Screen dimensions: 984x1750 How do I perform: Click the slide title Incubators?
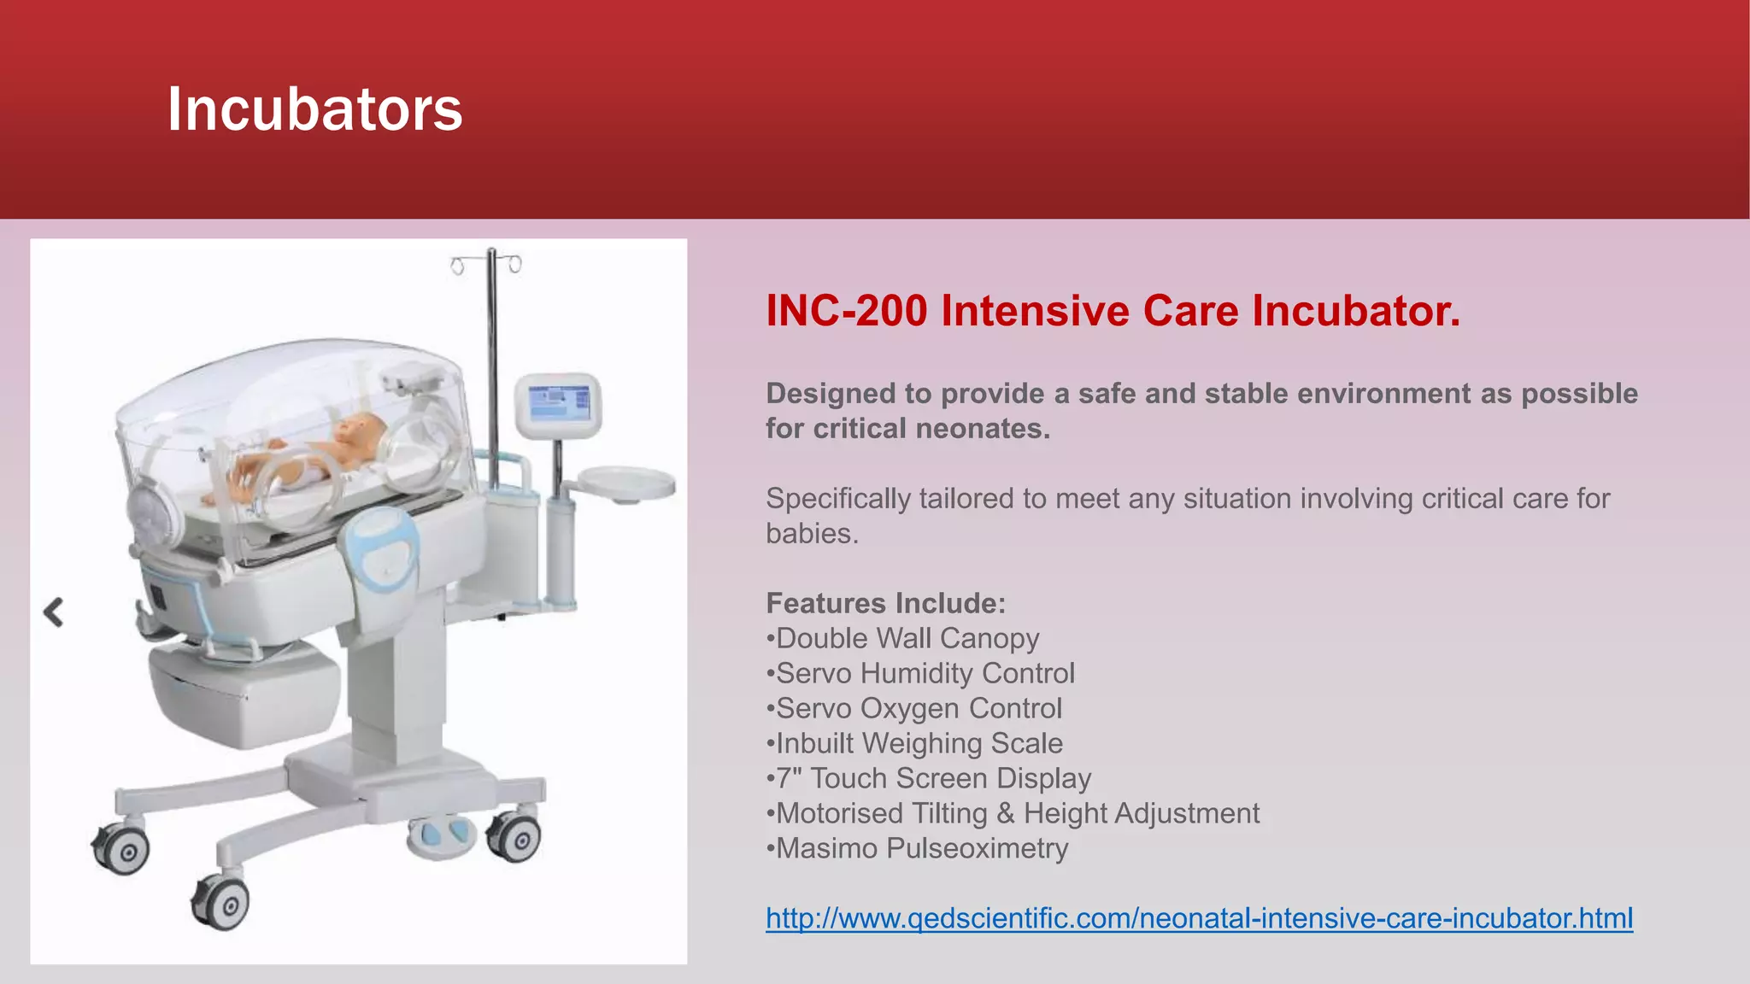[x=314, y=109]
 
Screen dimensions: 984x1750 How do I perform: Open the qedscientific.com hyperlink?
[x=1199, y=918]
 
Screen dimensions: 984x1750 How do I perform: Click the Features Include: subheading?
[x=885, y=604]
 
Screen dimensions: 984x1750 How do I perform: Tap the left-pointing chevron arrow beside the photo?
[x=54, y=612]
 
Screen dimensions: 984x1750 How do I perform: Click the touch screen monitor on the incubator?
[x=559, y=403]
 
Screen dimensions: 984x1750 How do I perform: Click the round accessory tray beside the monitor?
[x=628, y=483]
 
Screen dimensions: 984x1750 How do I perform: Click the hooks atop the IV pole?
[x=487, y=263]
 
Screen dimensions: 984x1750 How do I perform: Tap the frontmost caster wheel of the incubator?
[x=222, y=904]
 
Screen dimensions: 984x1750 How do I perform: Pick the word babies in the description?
[x=810, y=534]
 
